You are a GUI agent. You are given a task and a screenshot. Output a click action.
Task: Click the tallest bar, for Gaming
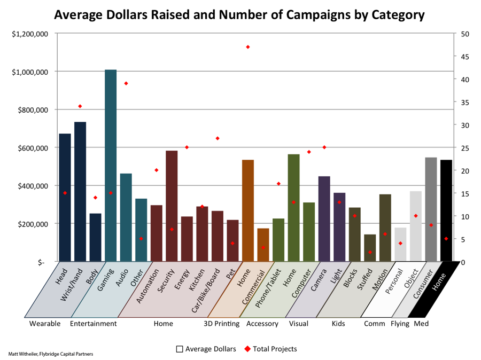111,166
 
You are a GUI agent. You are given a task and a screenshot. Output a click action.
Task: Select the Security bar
172,206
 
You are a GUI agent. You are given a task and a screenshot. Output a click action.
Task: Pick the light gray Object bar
415,226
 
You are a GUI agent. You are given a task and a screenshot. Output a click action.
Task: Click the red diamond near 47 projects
248,47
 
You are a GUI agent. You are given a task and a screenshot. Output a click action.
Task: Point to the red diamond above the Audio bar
126,83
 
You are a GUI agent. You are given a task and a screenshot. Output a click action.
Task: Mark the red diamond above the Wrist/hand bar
80,106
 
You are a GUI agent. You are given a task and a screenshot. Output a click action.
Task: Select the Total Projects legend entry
271,349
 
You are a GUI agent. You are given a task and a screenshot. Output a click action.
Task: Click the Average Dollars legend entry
206,349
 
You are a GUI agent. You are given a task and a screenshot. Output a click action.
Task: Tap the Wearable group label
45,324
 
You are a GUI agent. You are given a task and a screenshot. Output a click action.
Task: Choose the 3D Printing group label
222,324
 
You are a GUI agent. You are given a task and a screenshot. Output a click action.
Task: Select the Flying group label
400,324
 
